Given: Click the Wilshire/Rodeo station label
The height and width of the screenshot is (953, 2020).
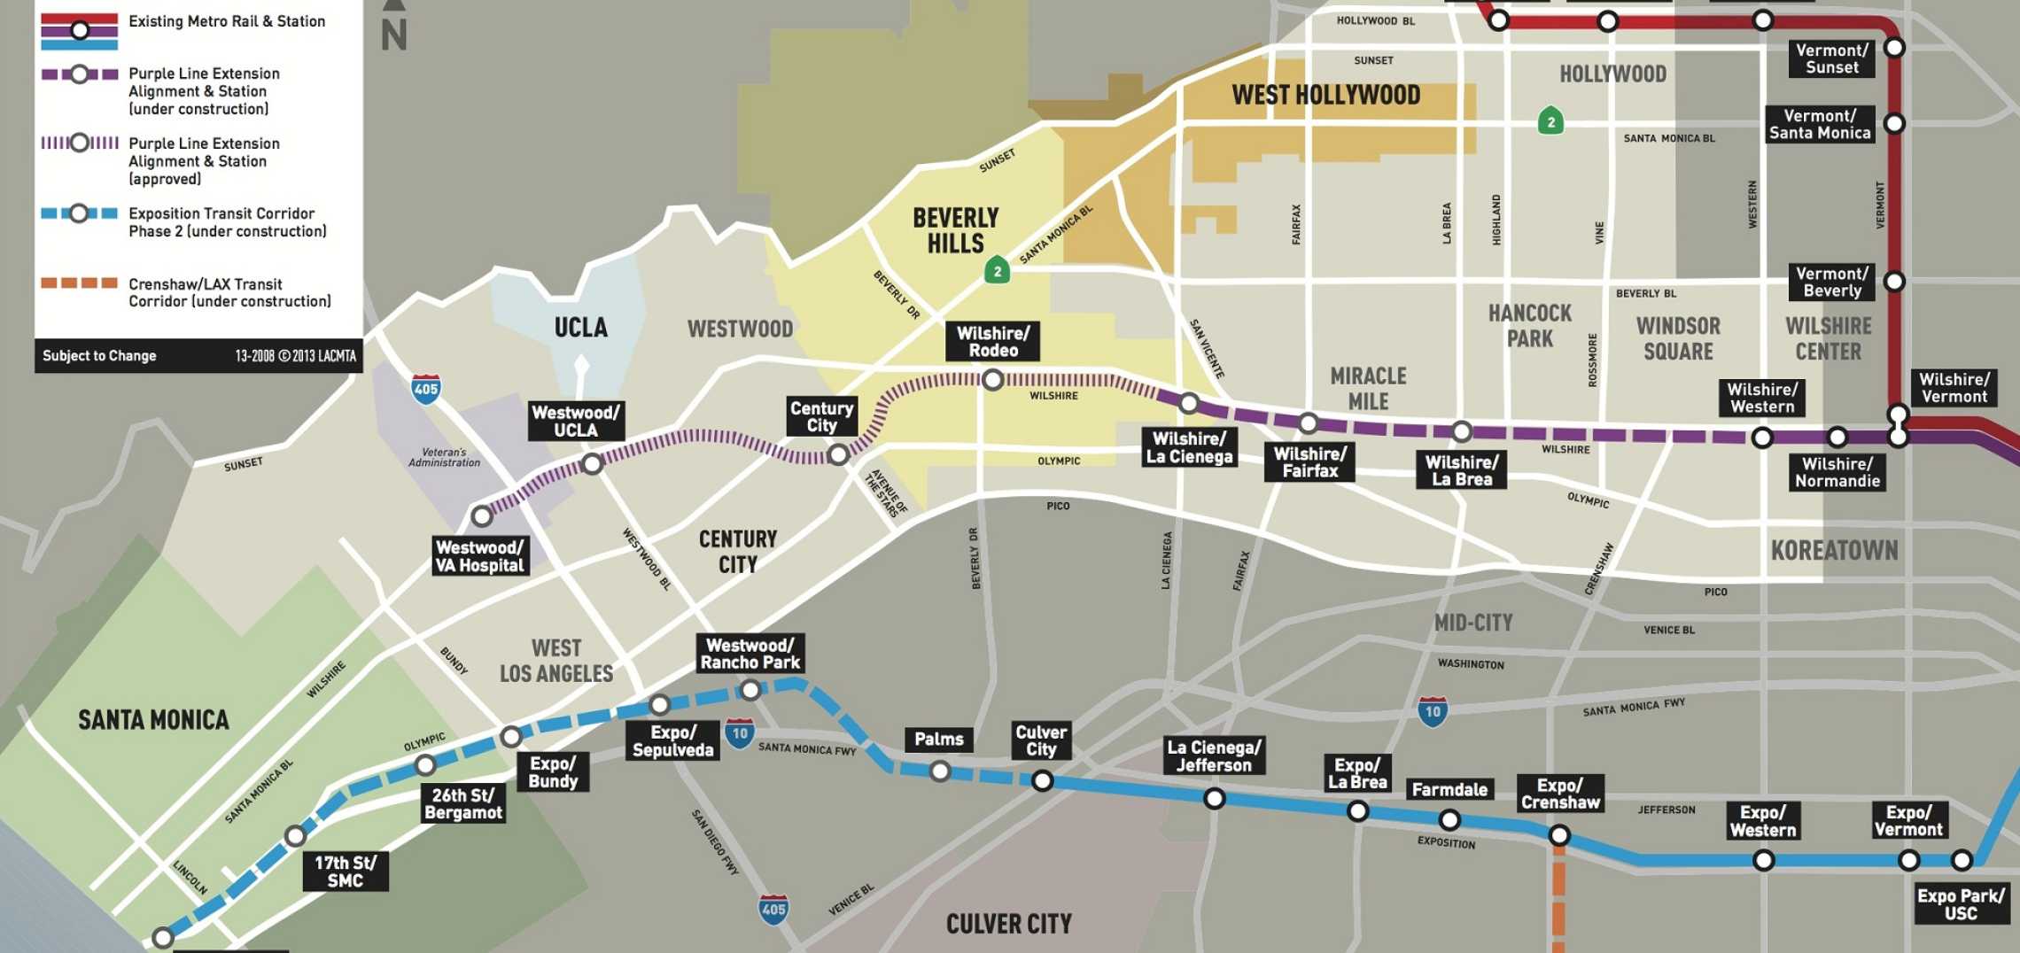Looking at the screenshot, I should pos(992,342).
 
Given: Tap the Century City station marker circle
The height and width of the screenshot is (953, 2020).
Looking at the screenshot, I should pos(837,455).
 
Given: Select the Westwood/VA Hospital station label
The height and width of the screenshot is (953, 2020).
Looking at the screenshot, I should pos(480,556).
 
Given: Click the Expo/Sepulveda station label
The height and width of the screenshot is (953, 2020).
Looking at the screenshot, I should pos(672,741).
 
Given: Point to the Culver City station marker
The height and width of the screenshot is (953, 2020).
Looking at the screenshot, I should pos(1042,780).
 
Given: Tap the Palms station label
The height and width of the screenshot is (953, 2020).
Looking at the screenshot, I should pos(938,740).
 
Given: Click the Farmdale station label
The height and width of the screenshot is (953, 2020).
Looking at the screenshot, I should pos(1449,789).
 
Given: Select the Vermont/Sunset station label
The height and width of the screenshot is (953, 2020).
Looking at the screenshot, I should pos(1831,58).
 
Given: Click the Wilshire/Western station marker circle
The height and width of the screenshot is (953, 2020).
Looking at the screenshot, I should pos(1762,438).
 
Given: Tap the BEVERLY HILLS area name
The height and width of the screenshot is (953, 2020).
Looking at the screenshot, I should pos(955,230).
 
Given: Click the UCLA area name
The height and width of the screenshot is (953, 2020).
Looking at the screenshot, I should pos(580,328).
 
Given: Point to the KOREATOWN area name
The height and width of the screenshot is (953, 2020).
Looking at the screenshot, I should pos(1834,551).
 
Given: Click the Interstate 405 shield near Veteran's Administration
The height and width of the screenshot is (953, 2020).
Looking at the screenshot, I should pos(426,389).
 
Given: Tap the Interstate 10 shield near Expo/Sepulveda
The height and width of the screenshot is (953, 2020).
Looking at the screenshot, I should pos(740,733).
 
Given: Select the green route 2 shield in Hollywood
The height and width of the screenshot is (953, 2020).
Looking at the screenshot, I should pos(1550,121).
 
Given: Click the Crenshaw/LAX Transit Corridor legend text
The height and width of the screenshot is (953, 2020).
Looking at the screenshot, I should pos(229,292).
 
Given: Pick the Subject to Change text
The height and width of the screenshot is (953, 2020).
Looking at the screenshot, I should pos(99,356).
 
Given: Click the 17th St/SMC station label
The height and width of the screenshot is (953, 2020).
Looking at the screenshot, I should pos(345,872).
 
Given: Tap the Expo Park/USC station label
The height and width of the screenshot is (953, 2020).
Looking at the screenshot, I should pos(1960,904).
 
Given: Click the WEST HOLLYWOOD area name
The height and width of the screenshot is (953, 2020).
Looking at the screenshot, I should pos(1325,95).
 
